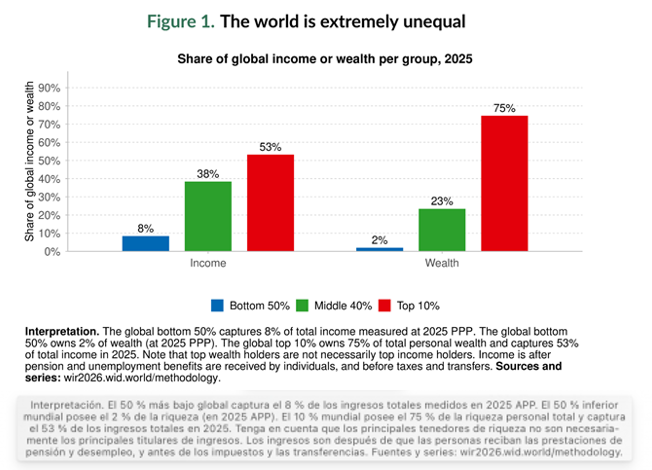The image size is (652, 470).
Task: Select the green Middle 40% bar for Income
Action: (208, 216)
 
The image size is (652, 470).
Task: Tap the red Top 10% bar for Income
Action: (270, 203)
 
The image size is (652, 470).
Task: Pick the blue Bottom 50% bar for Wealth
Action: (380, 249)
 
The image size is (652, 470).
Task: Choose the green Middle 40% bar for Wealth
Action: (442, 230)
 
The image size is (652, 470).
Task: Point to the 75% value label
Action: (504, 108)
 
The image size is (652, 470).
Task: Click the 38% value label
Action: (208, 174)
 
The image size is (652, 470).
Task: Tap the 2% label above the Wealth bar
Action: (380, 240)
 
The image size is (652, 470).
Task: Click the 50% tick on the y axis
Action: (49, 161)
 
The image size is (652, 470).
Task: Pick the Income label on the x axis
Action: (208, 263)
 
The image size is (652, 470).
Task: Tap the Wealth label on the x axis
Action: (442, 263)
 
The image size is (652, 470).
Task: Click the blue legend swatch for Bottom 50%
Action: (217, 305)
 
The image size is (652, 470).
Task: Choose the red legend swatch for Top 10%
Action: (384, 305)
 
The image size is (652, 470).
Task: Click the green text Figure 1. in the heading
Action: (181, 22)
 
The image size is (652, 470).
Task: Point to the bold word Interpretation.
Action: (62, 331)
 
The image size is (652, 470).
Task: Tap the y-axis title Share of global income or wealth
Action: (29, 161)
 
